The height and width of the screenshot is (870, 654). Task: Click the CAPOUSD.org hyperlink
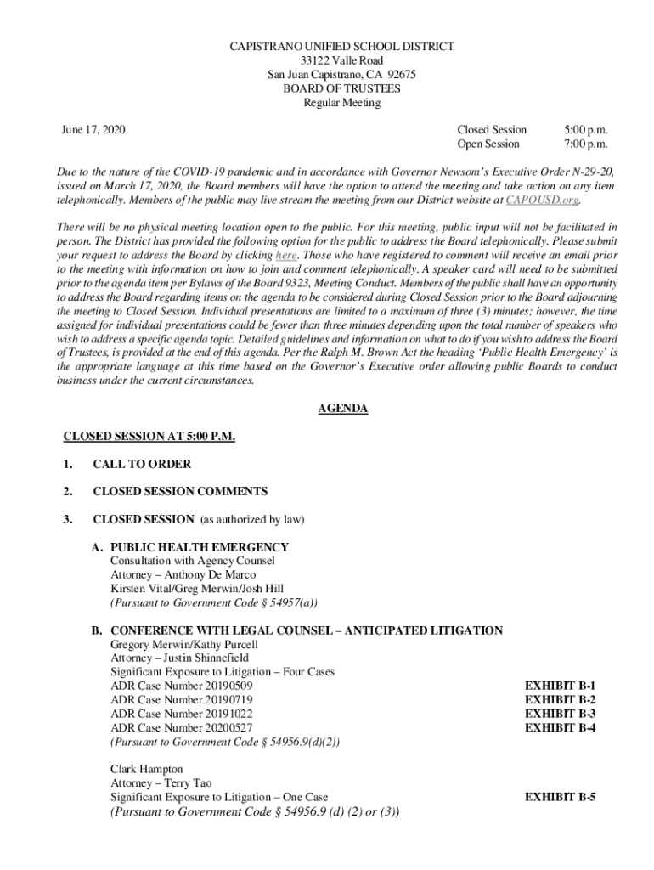coord(542,201)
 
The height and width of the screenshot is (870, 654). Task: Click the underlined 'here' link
coord(285,255)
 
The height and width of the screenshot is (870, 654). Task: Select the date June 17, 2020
coord(93,130)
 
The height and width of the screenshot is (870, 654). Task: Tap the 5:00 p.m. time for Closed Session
coord(586,130)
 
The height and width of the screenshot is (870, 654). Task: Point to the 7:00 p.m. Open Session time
coord(586,144)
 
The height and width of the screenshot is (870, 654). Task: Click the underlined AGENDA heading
coord(342,409)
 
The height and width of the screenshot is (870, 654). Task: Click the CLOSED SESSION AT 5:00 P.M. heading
coord(149,437)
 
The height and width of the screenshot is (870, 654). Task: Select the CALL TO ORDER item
coord(142,464)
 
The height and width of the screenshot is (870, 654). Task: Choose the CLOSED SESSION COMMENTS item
coord(180,491)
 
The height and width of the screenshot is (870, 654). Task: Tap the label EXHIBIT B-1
coord(560,685)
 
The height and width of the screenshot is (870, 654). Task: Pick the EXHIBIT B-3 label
coord(560,713)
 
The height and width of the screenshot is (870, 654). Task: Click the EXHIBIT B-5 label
coord(560,797)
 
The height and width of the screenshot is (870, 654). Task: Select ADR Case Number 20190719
coord(181,699)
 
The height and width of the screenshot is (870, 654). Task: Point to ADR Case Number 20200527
coord(181,727)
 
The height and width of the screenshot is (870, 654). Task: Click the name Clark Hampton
coord(146,769)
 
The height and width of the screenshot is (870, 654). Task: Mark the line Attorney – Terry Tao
coord(161,782)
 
